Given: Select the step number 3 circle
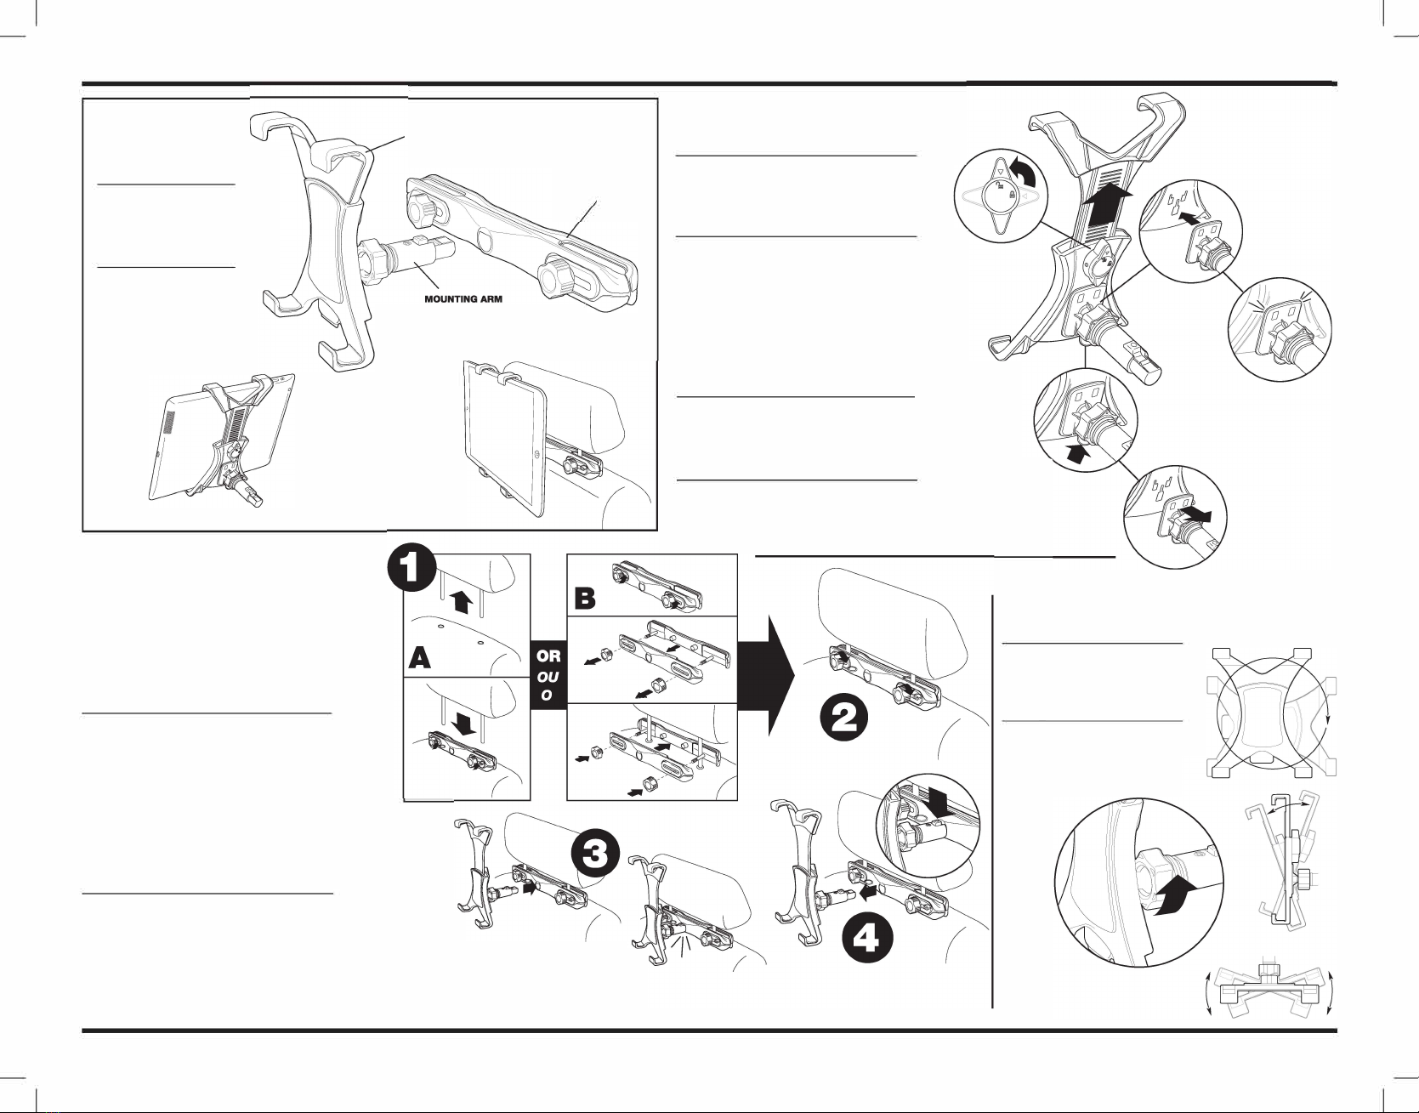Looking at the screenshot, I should (594, 854).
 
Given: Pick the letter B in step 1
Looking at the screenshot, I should (585, 598).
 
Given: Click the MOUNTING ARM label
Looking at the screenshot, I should (463, 299).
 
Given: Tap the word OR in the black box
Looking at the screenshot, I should (548, 656).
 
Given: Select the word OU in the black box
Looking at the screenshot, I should (548, 677).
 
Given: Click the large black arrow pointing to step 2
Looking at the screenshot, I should (767, 675).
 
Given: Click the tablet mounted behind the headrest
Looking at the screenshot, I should (505, 439).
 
